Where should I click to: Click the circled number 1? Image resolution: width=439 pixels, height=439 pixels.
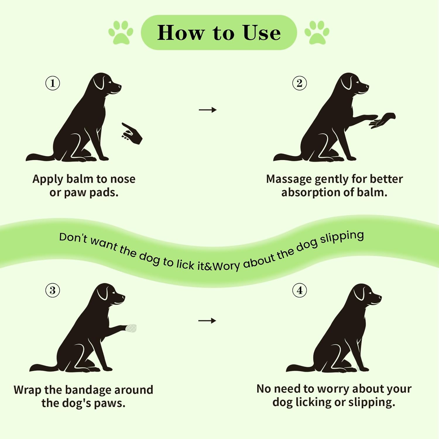53,83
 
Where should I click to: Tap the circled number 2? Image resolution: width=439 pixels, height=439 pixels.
300,83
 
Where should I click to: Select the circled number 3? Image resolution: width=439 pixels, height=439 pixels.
53,290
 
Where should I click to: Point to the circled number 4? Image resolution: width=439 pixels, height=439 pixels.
300,290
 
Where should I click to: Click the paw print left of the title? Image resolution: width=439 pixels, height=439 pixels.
121,33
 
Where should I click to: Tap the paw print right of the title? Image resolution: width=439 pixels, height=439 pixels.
317,33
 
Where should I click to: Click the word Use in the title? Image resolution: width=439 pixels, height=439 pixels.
262,32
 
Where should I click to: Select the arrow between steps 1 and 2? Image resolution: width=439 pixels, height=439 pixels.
208,110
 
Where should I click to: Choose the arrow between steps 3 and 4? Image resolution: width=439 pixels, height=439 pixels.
207,321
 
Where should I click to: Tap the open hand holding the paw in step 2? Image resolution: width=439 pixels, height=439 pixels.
382,120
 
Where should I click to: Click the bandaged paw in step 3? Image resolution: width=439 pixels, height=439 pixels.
131,328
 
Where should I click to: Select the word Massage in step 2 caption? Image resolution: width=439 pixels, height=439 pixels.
289,179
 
